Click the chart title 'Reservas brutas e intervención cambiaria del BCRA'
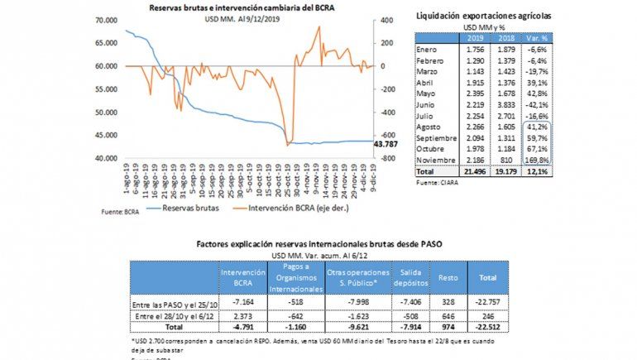[x=242, y=7]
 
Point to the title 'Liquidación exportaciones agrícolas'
[x=483, y=16]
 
